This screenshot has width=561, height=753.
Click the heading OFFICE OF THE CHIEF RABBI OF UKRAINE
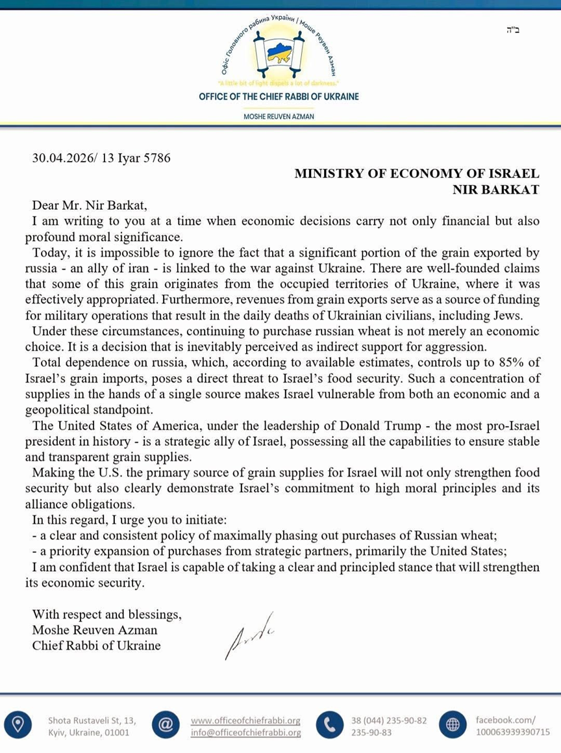pyautogui.click(x=279, y=97)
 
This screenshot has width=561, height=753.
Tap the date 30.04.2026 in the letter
pyautogui.click(x=63, y=157)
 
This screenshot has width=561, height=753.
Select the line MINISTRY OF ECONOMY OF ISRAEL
pyautogui.click(x=417, y=173)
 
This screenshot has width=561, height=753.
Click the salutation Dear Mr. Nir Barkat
pyautogui.click(x=90, y=205)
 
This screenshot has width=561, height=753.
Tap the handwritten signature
pyautogui.click(x=248, y=634)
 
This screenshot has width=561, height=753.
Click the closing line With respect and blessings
pyautogui.click(x=107, y=614)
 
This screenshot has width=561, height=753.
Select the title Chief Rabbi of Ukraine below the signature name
pyautogui.click(x=97, y=645)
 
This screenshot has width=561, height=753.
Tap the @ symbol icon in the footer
pyautogui.click(x=166, y=726)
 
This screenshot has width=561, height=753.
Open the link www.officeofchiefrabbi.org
pyautogui.click(x=245, y=721)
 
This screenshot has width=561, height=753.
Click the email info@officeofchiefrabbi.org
pyautogui.click(x=245, y=733)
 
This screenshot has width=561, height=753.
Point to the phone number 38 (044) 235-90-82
pyautogui.click(x=389, y=721)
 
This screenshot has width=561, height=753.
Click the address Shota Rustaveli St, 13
pyautogui.click(x=92, y=721)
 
